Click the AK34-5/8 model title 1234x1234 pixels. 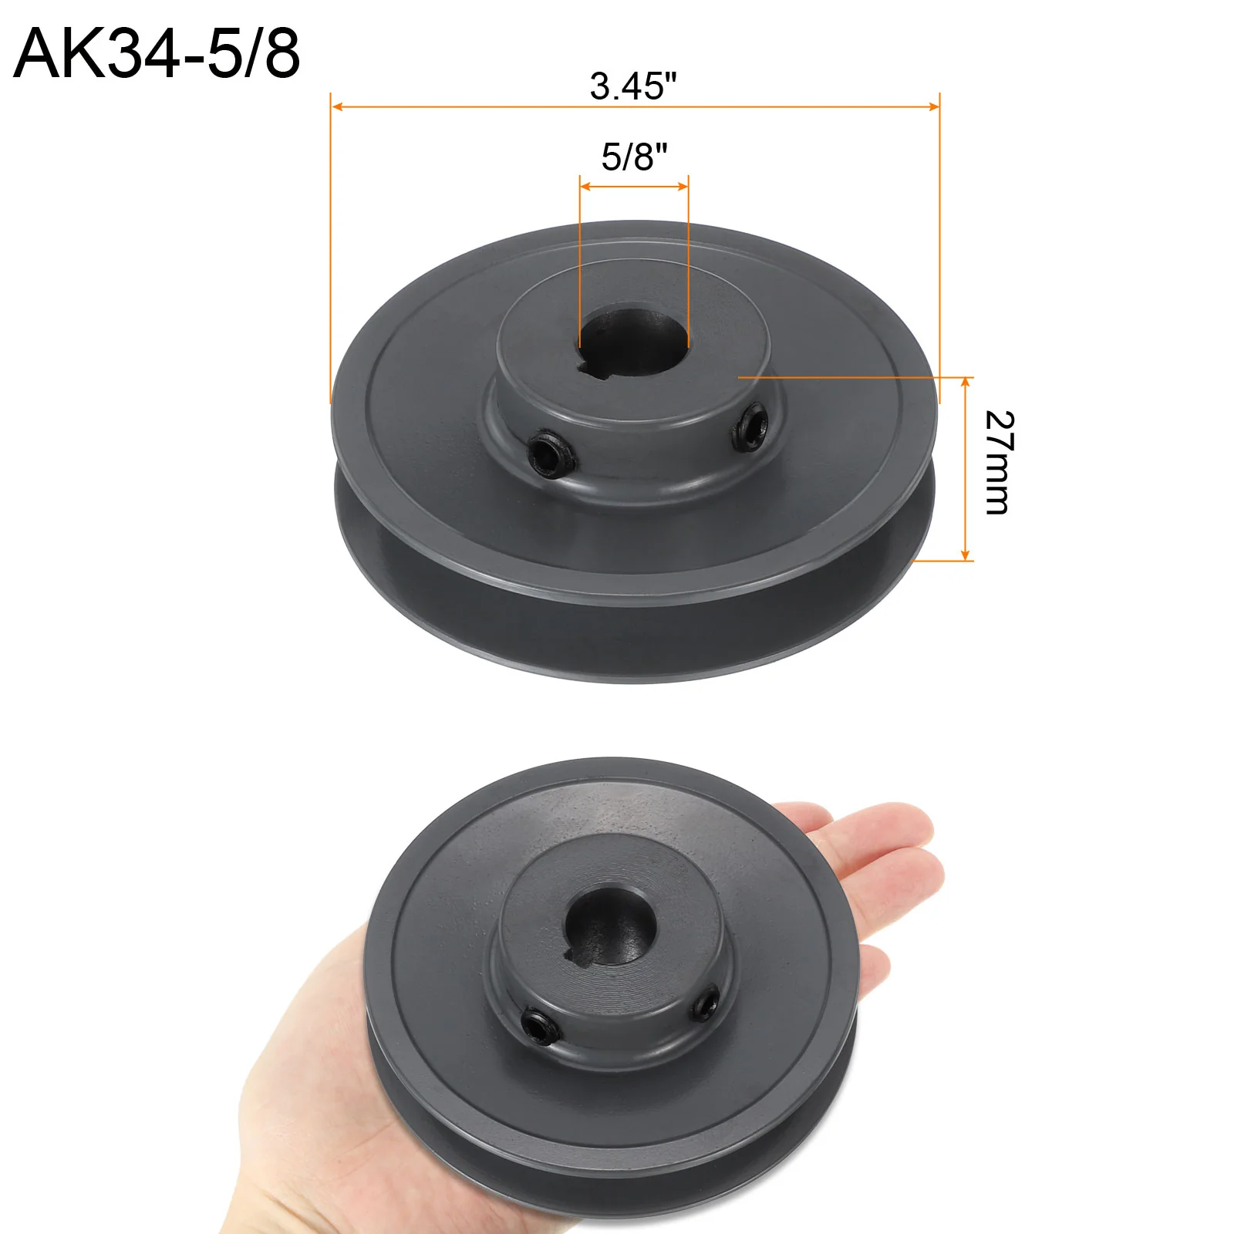point(157,54)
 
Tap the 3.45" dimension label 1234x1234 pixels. point(633,86)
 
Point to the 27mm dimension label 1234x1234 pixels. point(1000,463)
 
